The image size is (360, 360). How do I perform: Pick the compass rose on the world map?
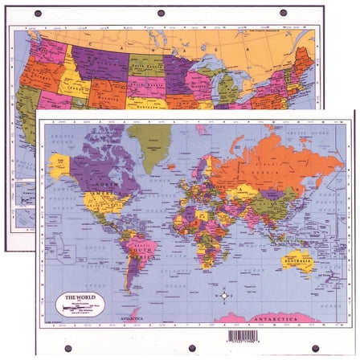pyautogui.click(x=224, y=296)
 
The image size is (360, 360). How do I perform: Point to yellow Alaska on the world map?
pyautogui.click(x=59, y=165)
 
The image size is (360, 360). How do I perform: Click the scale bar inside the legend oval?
pyautogui.click(x=80, y=308)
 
